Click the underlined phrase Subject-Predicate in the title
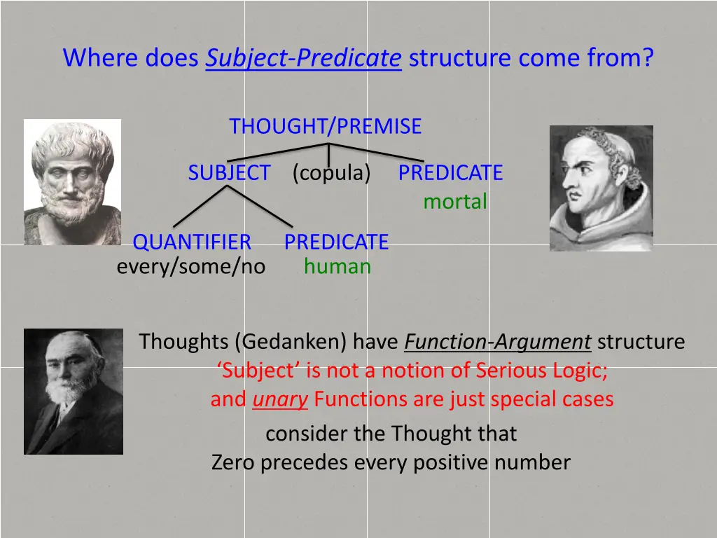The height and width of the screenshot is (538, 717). pos(303,57)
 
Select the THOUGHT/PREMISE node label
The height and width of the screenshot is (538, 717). pos(325,126)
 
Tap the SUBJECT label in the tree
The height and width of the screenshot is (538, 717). pos(229,172)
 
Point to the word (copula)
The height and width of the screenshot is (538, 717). pos(331,172)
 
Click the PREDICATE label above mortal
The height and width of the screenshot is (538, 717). pos(450,172)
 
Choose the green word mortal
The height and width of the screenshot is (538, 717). pos(454,202)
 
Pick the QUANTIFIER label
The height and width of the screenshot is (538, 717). pos(192,242)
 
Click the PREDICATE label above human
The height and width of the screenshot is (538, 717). pos(336,242)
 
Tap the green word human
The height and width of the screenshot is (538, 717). pos(337,266)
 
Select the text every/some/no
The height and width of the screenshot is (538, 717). pos(190,266)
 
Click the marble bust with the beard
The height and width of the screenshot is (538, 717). pos(72,181)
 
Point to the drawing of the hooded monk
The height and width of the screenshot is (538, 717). pos(601,188)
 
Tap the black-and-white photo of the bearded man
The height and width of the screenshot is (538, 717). pos(74,391)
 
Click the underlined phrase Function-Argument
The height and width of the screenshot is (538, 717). pos(498,342)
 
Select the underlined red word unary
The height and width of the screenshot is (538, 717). pos(280,399)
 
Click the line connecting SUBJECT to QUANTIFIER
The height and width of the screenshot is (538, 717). pos(200,207)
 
